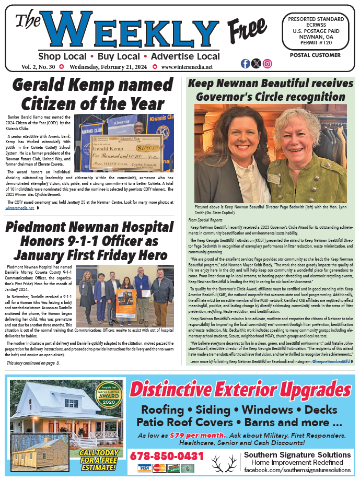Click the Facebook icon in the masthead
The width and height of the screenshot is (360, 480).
click(x=246, y=64)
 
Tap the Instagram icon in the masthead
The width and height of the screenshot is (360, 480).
click(x=267, y=64)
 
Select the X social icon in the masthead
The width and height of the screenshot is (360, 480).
click(x=256, y=64)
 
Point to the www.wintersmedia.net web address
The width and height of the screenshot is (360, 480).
click(x=187, y=67)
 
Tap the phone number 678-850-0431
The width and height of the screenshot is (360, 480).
click(x=167, y=456)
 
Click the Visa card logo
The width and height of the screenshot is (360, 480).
click(x=145, y=468)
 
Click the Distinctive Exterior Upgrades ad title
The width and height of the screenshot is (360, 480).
click(x=240, y=390)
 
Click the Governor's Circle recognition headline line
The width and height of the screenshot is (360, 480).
click(x=270, y=96)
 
